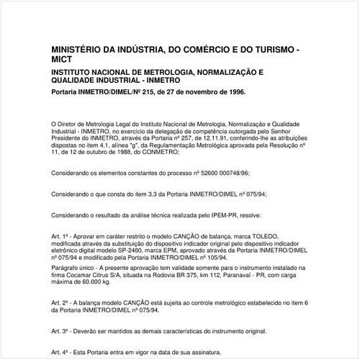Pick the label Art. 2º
[x=60, y=304]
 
